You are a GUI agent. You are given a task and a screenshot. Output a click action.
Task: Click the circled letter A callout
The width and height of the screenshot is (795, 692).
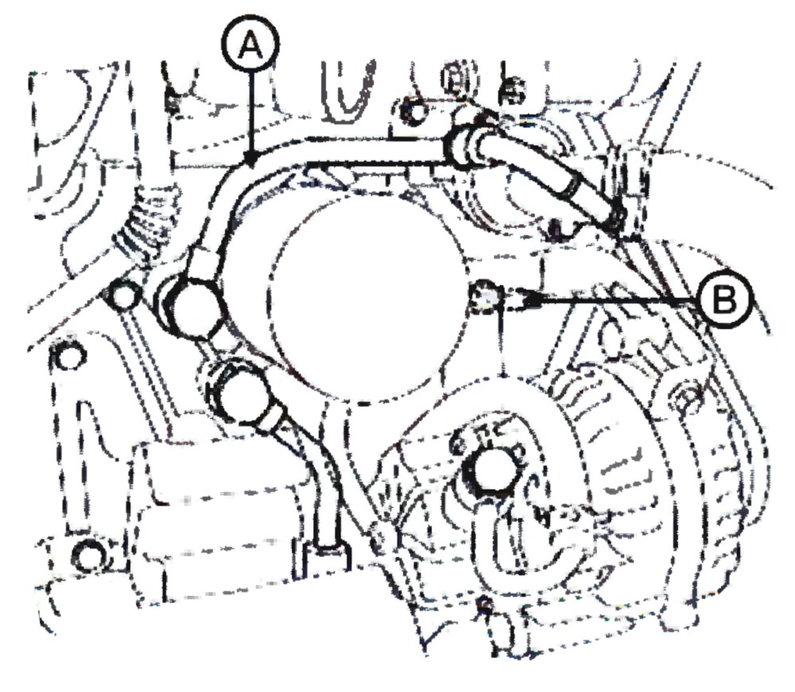tap(250, 47)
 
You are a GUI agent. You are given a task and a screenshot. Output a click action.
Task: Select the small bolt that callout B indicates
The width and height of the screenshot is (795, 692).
tap(486, 298)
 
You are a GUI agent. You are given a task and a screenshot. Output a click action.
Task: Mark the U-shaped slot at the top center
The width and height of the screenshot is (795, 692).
tap(349, 90)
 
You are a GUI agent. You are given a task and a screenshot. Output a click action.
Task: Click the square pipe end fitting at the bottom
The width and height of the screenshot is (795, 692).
tap(326, 559)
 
